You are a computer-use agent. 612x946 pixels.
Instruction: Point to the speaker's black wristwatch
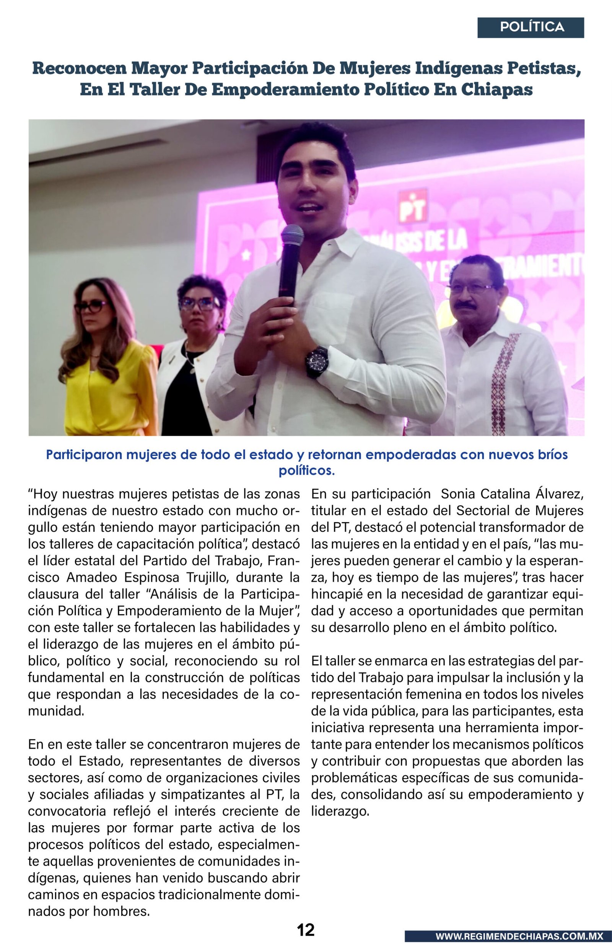coord(317,361)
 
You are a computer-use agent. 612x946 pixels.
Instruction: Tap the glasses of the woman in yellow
coord(91,306)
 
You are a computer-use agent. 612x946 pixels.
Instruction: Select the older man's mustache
coord(465,305)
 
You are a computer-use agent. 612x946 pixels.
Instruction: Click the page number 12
coord(306,929)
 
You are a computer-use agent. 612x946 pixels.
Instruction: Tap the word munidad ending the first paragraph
coord(55,711)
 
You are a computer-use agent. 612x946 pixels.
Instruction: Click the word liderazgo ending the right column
coord(340,811)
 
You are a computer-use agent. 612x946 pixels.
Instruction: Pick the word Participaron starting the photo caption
coord(84,454)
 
